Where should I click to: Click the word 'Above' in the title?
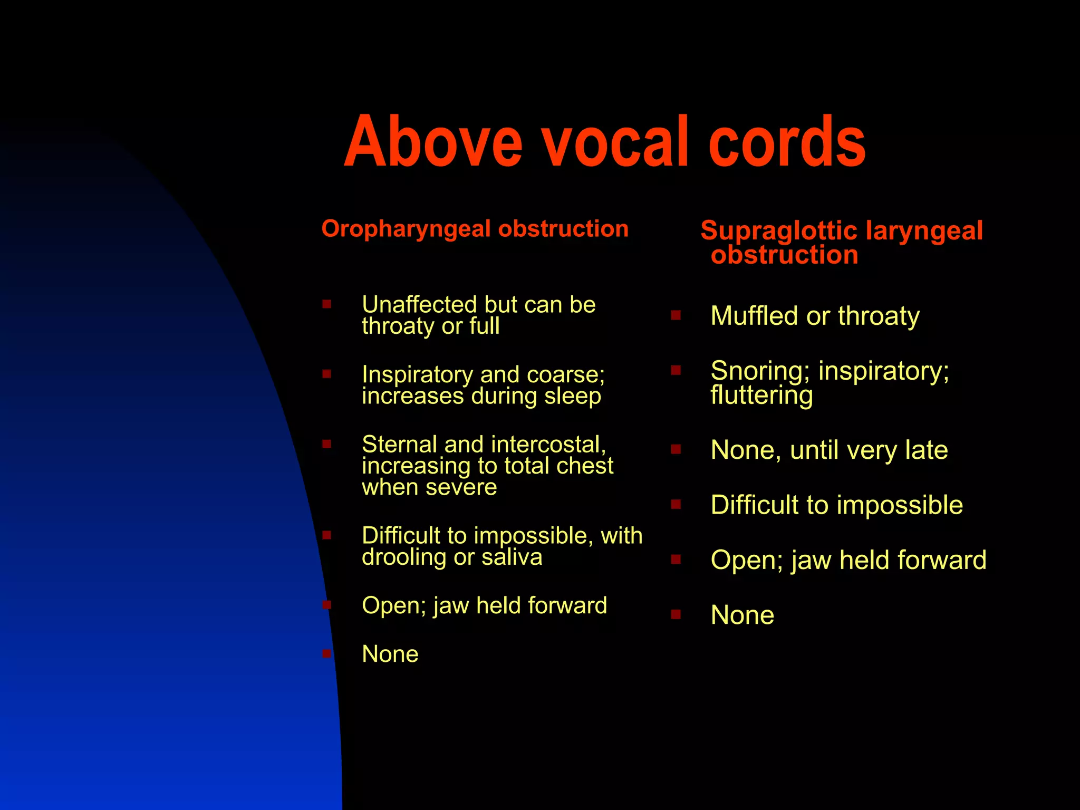432,142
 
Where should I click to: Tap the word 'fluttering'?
761,395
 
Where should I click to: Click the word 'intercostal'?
548,445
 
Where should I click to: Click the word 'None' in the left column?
390,654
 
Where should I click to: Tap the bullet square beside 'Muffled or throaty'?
676,315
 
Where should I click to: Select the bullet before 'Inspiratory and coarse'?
327,374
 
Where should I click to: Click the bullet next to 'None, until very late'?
676,449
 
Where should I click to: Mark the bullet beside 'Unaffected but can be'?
327,304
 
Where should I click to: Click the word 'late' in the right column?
927,450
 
